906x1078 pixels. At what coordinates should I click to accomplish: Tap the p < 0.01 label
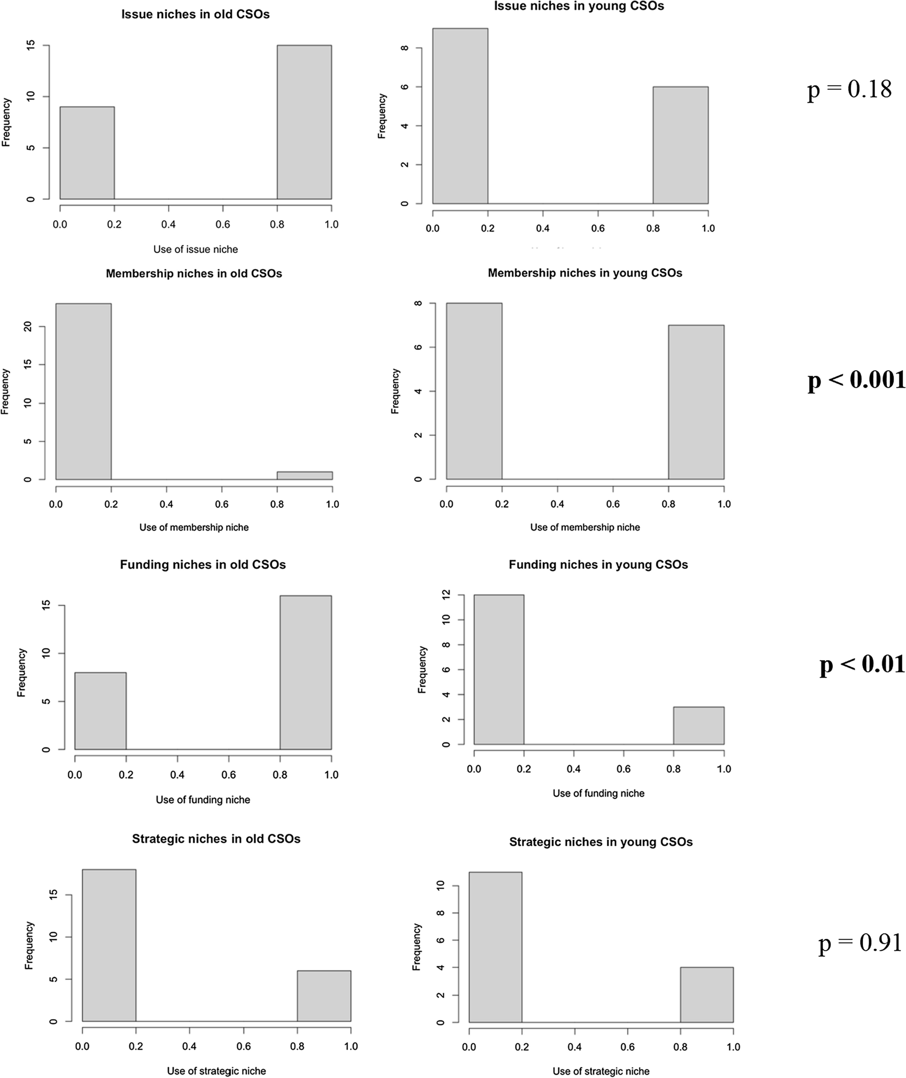pos(861,664)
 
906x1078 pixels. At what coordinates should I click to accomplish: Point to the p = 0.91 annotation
pos(860,942)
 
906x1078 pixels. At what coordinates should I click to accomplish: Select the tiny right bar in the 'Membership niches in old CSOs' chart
pos(304,475)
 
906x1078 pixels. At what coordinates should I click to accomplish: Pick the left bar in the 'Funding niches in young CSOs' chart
pos(499,669)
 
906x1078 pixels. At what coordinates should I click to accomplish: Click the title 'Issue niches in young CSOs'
pos(579,7)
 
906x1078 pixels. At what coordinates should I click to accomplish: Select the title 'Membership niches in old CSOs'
pos(194,273)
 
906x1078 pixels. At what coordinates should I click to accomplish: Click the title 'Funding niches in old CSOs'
pos(203,565)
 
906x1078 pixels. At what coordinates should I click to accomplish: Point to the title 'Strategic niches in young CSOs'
pos(601,843)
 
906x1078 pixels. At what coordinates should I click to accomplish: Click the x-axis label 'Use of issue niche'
pos(195,249)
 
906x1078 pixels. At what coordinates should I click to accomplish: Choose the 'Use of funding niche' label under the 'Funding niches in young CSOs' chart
pos(598,793)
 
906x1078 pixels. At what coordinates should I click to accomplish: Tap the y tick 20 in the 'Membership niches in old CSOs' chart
pos(28,326)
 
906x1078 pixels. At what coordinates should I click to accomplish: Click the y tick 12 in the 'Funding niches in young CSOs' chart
pos(446,595)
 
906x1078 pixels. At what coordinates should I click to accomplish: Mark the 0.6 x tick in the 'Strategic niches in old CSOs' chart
pos(243,1046)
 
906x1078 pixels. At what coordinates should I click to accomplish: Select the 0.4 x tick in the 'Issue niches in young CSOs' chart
pos(542,228)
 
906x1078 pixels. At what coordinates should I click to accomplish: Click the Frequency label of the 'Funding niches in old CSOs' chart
pos(21,673)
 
